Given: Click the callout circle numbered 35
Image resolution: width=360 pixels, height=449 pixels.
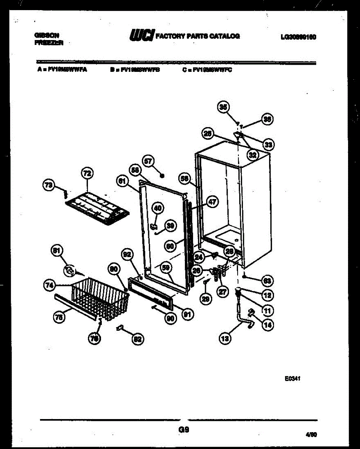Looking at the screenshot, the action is point(223,107).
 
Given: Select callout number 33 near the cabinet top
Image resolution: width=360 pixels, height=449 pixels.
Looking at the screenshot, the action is point(268,144).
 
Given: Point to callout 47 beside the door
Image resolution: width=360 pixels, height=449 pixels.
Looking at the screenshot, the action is point(212,202).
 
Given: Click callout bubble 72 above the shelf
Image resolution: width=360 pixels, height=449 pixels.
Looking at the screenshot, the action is point(87,173).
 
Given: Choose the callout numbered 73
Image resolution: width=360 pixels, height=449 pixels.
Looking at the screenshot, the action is point(49,184).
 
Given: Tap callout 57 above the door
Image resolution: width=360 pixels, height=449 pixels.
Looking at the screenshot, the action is point(148,161).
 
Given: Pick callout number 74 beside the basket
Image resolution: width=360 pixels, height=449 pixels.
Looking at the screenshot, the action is point(49,285).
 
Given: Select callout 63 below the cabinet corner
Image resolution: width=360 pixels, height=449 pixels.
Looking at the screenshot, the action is point(267,280).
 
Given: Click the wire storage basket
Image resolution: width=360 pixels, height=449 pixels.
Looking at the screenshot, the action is point(99,299).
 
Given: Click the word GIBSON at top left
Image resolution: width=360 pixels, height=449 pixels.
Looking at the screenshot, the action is point(47,35).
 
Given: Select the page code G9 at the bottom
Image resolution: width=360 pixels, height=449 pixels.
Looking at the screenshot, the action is point(184,430).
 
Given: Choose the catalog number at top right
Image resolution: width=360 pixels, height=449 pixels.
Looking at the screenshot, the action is point(298,37).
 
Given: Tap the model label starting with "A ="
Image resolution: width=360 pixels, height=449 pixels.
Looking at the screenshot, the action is point(62,70).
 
